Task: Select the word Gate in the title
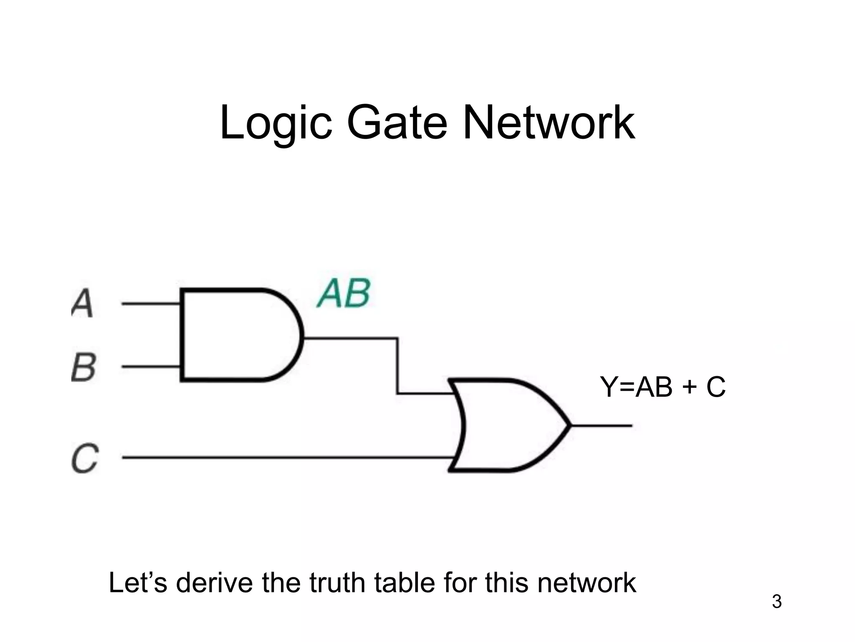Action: tap(397, 123)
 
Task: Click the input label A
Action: tap(82, 303)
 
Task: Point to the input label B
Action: tap(83, 367)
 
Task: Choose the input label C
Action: tap(85, 458)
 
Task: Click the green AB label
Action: tap(344, 294)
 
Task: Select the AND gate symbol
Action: tap(238, 335)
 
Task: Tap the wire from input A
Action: tap(150, 304)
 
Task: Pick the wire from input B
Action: tap(150, 367)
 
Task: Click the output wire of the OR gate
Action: tap(601, 425)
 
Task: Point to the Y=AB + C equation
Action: tap(663, 387)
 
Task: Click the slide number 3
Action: tap(777, 602)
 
